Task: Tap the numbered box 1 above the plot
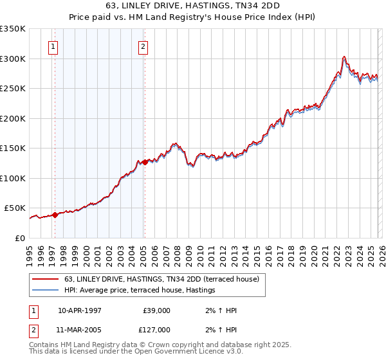coord(52,46)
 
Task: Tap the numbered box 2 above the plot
coord(142,46)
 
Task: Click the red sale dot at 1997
coord(55,215)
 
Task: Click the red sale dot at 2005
coord(145,163)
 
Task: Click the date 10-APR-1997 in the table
coord(80,310)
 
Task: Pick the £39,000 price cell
coord(156,310)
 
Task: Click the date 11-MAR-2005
coord(80,329)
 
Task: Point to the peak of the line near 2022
coord(345,57)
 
